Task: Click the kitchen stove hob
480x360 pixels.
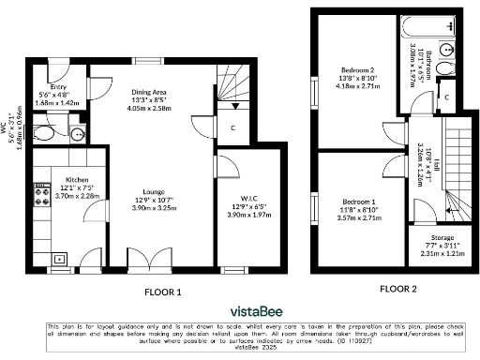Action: [x=41, y=198]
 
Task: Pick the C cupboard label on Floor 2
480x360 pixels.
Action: [x=448, y=96]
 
